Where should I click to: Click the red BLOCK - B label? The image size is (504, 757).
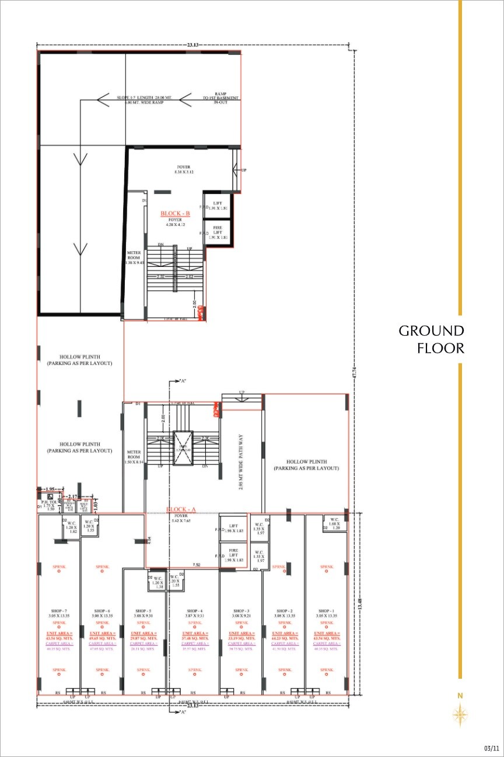pos(176,214)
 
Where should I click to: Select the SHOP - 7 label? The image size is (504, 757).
pos(58,611)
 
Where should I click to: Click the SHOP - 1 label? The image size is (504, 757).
pos(326,611)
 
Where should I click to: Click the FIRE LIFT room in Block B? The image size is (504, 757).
pos(217,233)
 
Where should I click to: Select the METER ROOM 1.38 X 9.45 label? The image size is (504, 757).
pos(135,258)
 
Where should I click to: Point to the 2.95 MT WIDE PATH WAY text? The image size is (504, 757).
pos(241,461)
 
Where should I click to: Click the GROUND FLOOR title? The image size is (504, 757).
pos(431,339)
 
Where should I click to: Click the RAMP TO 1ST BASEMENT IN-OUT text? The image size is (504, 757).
pos(220,99)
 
